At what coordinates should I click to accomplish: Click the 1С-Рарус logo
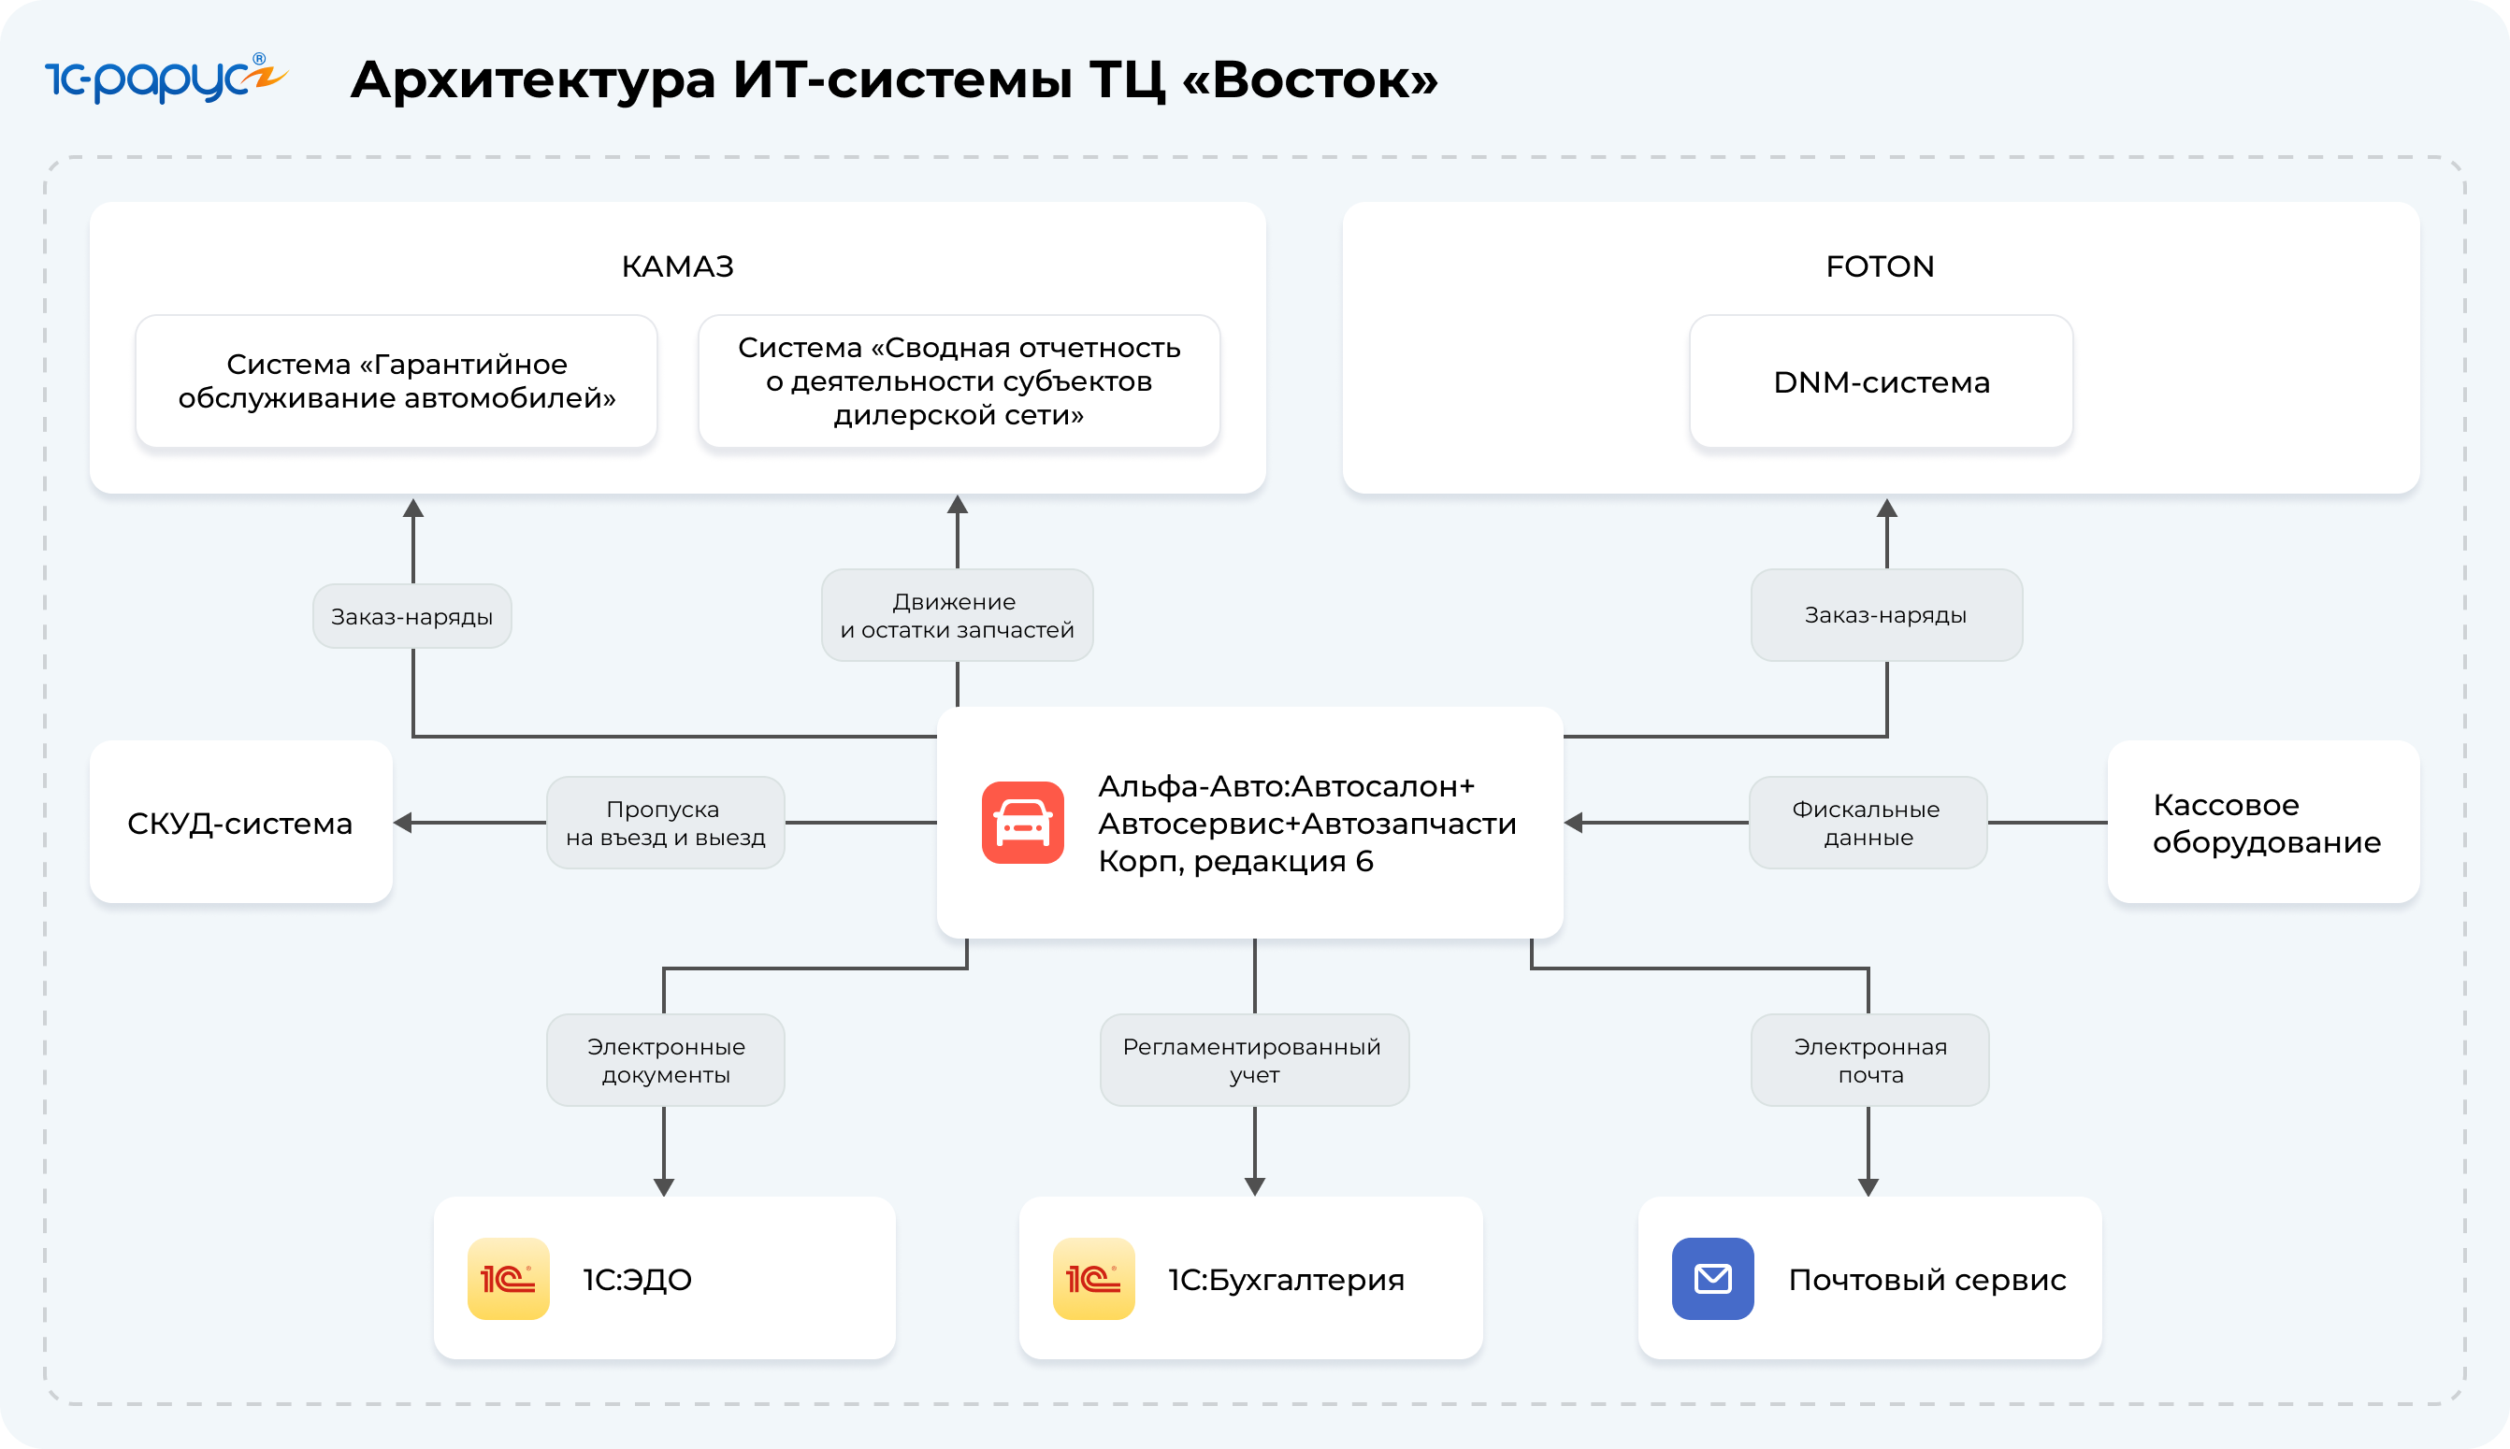166,79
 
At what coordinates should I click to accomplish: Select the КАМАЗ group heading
677,266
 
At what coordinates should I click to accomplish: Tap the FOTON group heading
1879,266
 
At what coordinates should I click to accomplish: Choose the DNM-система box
1880,382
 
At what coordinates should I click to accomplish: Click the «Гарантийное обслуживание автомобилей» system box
397,382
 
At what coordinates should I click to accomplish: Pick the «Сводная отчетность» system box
959,382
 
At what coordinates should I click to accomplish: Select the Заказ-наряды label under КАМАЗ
412,617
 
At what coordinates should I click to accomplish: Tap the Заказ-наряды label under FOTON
1885,615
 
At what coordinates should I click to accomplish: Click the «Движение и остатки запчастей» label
957,615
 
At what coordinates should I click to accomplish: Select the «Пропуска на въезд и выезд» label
665,823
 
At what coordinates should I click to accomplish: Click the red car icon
1022,823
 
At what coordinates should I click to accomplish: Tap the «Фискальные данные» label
1868,823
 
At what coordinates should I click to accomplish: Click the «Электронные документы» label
665,1060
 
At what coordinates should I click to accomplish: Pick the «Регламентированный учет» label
1253,1060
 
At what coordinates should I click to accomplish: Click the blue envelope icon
1711,1279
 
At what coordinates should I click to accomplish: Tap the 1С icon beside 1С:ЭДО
509,1279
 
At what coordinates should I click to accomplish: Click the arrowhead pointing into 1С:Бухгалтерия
1254,1186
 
